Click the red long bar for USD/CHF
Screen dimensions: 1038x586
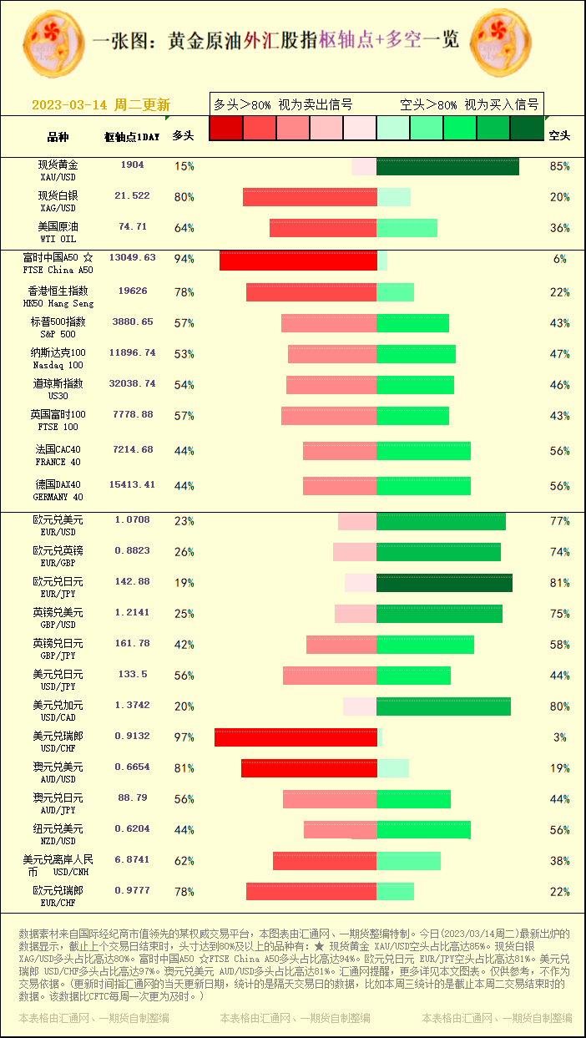[x=296, y=737]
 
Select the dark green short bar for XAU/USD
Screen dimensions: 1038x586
[x=447, y=166]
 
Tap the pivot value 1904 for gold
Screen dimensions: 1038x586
[x=132, y=165]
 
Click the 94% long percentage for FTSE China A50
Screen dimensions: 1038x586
[x=184, y=260]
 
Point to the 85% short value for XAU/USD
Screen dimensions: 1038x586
[x=559, y=166]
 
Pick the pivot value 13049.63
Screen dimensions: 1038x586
[x=132, y=258]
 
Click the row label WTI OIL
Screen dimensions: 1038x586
[x=58, y=239]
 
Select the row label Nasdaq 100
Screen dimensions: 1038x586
[x=58, y=365]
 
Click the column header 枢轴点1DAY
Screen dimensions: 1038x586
[x=132, y=136]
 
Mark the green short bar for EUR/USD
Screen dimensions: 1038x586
[x=441, y=521]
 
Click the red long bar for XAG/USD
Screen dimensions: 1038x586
[x=310, y=197]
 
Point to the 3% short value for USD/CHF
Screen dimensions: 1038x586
[x=559, y=737]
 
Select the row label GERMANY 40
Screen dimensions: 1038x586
[x=58, y=497]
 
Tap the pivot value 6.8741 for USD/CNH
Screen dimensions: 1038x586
[x=132, y=859]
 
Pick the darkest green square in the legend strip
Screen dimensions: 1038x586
[x=526, y=128]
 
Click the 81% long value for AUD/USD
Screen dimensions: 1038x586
[x=184, y=768]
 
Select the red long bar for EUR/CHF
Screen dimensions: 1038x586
[x=311, y=891]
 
